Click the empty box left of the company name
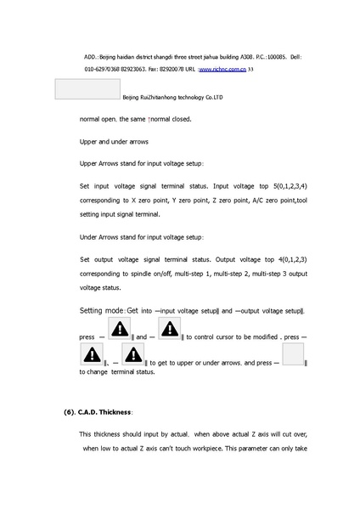pyautogui.click(x=87, y=91)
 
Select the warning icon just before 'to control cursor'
pyautogui.click(x=169, y=329)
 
